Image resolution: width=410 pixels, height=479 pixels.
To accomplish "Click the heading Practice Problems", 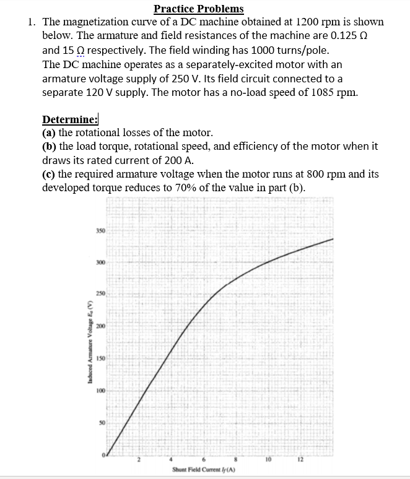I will (198, 9).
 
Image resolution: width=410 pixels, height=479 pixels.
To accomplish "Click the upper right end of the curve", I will (333, 239).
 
